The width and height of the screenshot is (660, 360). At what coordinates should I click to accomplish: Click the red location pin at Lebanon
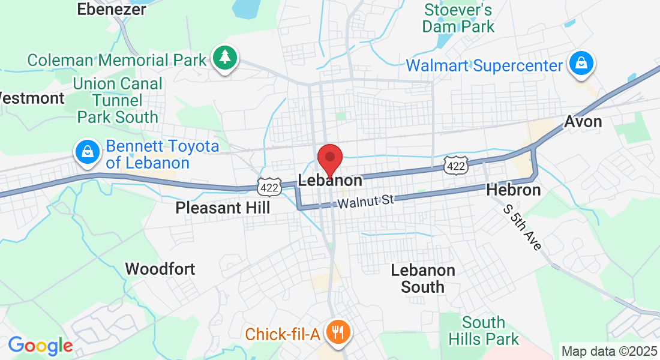[329, 159]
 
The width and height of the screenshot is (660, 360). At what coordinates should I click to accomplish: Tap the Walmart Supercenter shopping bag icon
[581, 64]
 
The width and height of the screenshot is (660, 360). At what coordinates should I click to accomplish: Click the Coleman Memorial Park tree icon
[225, 58]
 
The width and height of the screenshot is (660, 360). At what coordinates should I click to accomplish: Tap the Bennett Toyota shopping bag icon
[88, 152]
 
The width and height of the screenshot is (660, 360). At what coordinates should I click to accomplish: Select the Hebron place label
[514, 190]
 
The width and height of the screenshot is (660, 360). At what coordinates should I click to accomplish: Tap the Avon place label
[583, 122]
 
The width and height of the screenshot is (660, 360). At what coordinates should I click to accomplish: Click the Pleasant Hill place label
[223, 208]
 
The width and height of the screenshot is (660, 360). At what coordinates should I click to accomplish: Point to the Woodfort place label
[160, 268]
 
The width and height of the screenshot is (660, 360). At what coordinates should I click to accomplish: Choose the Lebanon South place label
[423, 278]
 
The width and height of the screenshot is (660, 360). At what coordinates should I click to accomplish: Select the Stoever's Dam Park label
[458, 18]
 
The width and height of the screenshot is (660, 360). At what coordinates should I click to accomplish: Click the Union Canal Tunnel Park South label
[118, 100]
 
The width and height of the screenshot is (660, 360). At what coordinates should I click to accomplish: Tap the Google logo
[40, 346]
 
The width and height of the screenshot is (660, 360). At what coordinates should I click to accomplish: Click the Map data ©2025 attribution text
[608, 351]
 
